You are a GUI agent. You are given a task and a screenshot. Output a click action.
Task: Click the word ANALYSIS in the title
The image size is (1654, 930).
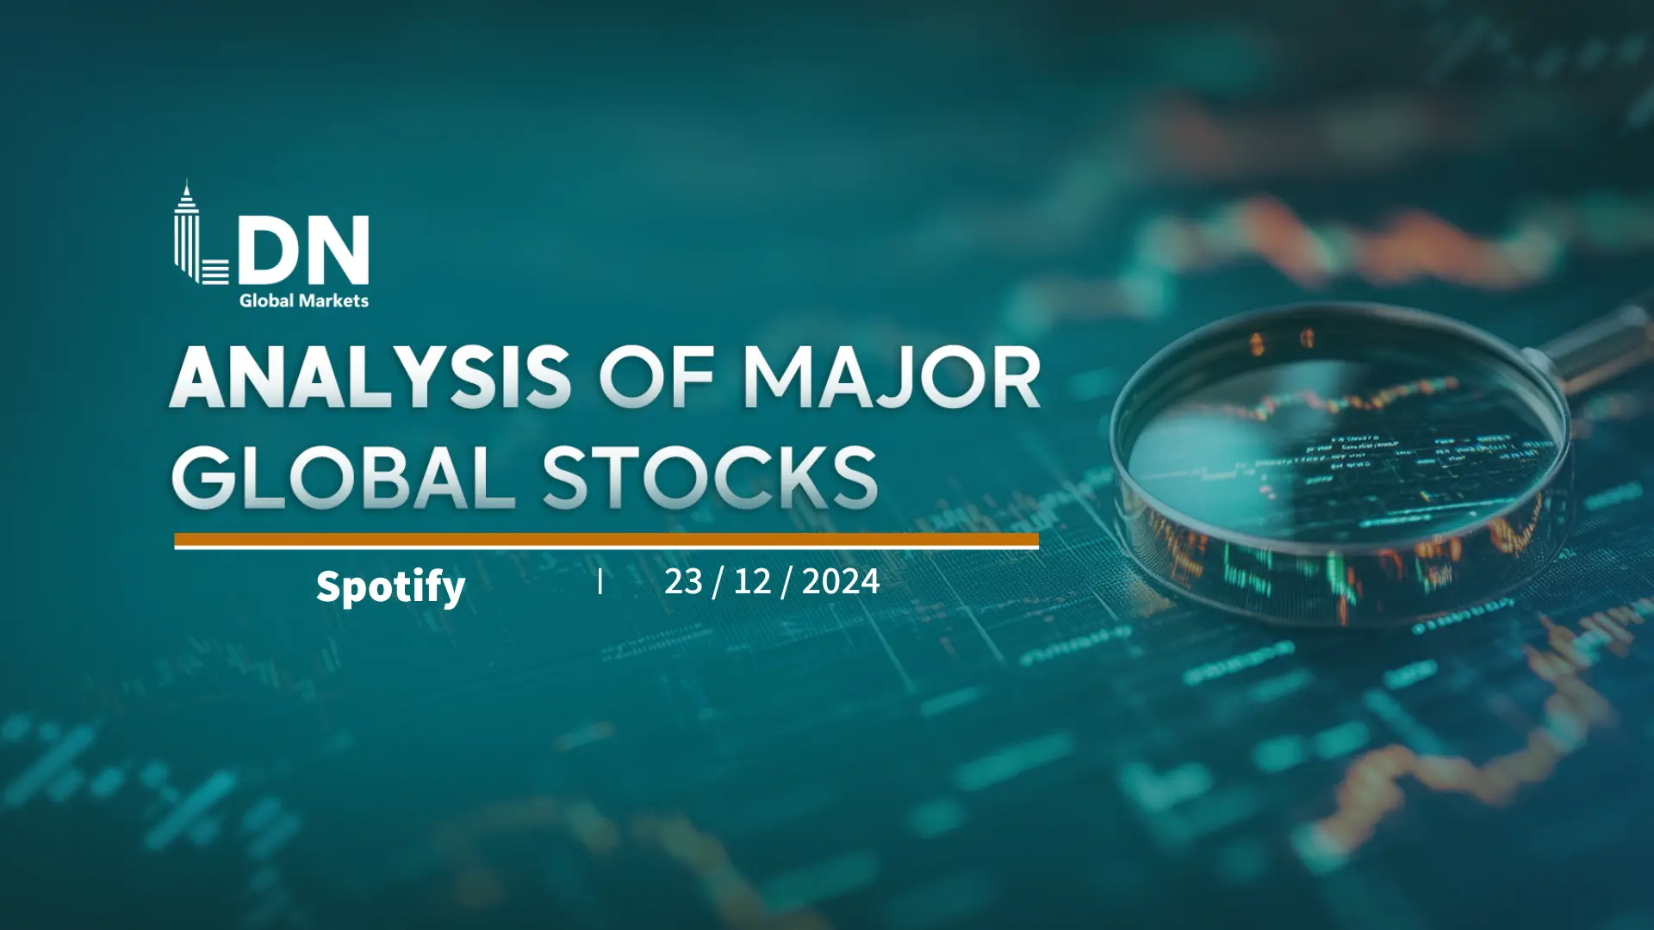tap(370, 377)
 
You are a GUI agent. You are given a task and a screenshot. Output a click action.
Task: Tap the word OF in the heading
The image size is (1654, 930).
tap(656, 377)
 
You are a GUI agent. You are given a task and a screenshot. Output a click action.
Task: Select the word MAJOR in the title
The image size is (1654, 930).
tap(892, 377)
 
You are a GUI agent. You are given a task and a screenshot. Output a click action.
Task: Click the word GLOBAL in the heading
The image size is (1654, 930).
tap(343, 477)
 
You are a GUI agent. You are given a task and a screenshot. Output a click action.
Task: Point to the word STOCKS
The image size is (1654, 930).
tap(710, 477)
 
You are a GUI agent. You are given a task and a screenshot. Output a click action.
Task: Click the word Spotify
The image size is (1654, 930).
tap(390, 587)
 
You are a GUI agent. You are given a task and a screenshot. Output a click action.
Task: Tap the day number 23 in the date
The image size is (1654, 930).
tap(683, 582)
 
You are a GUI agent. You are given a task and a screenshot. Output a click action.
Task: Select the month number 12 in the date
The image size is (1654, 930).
tap(752, 582)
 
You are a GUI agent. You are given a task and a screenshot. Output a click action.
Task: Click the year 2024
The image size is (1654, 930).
tap(841, 582)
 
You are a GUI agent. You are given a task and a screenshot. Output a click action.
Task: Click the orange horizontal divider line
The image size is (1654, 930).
tap(606, 541)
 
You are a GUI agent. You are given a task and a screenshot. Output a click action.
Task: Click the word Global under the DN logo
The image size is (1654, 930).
tap(266, 301)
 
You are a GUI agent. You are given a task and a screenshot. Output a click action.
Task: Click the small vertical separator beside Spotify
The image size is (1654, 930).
tap(600, 582)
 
